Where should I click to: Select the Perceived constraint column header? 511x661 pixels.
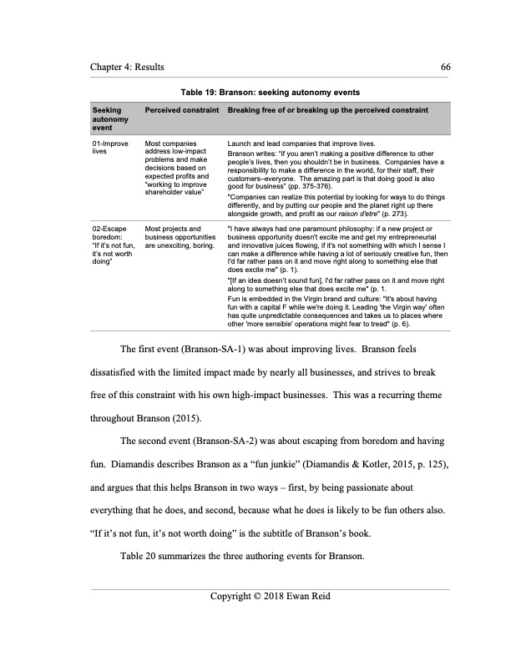click(x=178, y=110)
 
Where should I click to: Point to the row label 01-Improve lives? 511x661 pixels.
click(x=110, y=149)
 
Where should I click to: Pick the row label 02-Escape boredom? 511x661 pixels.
click(x=112, y=232)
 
